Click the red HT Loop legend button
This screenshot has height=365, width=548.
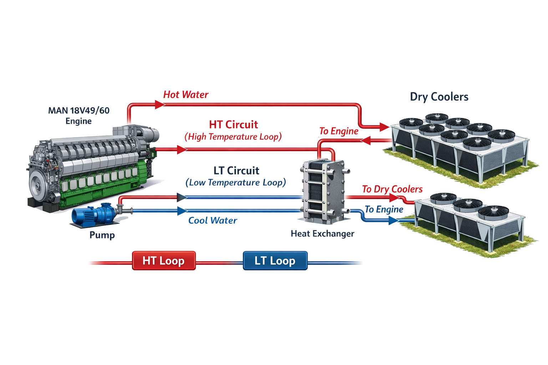point(164,261)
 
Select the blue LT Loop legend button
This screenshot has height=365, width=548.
point(275,261)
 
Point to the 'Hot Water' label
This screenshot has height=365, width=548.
point(186,95)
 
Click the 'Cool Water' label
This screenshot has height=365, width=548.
point(212,221)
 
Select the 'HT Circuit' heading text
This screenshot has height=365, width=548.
point(233,125)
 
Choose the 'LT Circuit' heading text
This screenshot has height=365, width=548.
point(236,171)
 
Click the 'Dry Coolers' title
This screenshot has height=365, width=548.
point(439,97)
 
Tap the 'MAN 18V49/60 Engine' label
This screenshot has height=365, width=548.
point(78,115)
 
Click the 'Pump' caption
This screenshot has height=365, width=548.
point(102,235)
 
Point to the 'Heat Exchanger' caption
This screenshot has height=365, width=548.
point(322,234)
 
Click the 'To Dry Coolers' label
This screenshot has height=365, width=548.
point(392,189)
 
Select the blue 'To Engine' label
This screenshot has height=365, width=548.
point(384,209)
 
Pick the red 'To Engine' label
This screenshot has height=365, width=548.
point(339,131)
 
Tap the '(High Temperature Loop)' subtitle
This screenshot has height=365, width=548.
point(233,137)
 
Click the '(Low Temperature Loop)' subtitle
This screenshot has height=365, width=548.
point(235,182)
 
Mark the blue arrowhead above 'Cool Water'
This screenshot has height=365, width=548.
point(182,211)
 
